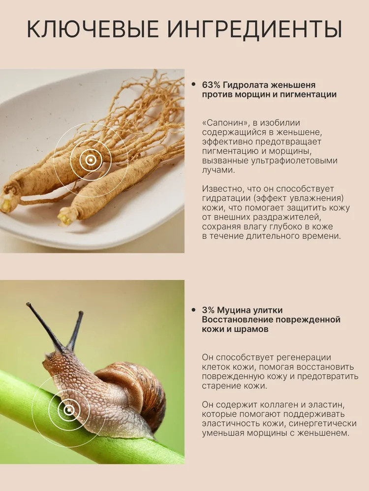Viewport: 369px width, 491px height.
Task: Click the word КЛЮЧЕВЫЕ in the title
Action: [93, 30]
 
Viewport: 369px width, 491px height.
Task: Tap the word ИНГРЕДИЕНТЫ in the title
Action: [254, 30]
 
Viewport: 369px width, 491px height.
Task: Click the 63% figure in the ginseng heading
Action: [211, 85]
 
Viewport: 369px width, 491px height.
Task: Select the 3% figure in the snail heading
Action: [208, 310]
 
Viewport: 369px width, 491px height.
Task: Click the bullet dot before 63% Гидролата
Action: [193, 84]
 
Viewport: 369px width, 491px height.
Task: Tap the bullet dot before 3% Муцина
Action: [193, 310]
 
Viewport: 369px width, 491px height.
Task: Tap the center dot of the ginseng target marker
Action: [91, 161]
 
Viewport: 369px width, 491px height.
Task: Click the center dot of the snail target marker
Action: [69, 409]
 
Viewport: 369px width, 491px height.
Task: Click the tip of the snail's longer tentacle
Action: [28, 304]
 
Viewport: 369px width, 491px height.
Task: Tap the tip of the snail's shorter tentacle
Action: [81, 312]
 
